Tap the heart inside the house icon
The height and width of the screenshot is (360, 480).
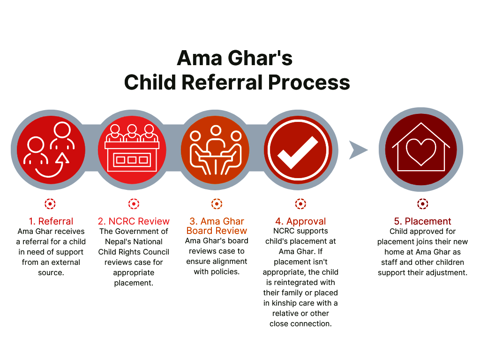[420, 151]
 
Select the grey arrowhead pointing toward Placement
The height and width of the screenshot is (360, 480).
[358, 150]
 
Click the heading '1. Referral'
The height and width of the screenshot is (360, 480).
[51, 221]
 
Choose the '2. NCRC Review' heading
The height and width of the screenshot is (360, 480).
[134, 221]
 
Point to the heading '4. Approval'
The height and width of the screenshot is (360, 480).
[300, 221]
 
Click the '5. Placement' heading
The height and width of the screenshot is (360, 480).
[422, 221]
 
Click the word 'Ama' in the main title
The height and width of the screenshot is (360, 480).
[198, 58]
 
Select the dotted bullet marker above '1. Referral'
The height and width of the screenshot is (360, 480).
[50, 204]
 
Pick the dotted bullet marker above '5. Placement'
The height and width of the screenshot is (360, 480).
[423, 204]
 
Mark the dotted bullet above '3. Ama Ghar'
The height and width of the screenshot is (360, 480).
[217, 204]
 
